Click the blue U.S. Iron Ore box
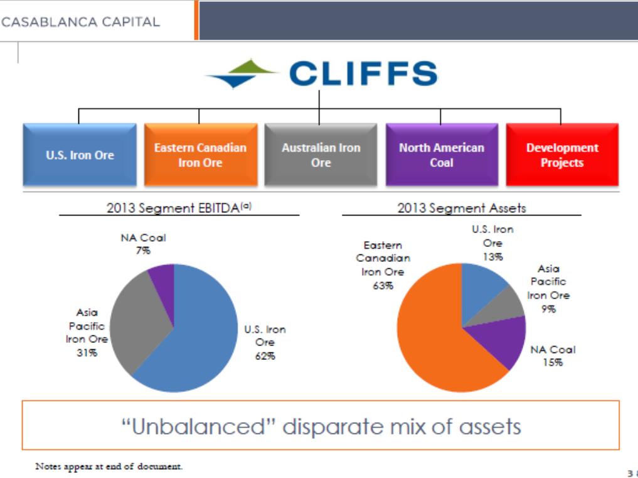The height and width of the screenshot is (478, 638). [x=79, y=155]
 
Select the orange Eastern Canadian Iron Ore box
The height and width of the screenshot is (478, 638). [x=199, y=155]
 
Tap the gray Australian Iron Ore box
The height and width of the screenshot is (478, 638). [x=320, y=155]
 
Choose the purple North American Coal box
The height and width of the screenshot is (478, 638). [x=441, y=155]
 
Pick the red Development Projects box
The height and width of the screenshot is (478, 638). [x=561, y=155]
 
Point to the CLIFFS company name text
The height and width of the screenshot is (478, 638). [x=364, y=75]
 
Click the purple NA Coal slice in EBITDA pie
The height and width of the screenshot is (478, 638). [x=161, y=277]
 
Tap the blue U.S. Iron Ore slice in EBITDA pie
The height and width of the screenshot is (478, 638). [x=201, y=339]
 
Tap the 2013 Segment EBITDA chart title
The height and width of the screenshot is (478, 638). [x=179, y=208]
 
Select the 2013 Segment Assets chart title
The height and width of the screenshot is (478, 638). [x=461, y=208]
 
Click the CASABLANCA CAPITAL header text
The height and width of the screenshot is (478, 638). [x=81, y=22]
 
